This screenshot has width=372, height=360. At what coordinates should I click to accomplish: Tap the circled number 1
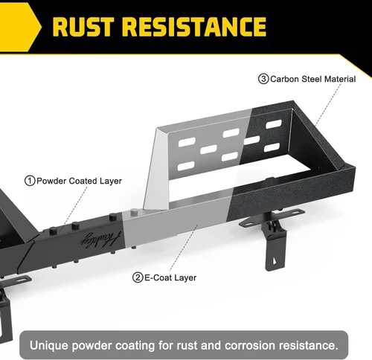(x=30, y=181)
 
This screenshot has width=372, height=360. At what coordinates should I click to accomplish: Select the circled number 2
(x=138, y=277)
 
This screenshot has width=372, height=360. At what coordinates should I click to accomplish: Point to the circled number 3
(x=263, y=79)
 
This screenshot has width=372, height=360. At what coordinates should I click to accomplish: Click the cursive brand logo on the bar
(x=100, y=240)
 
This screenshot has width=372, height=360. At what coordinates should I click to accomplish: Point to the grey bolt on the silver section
(x=134, y=212)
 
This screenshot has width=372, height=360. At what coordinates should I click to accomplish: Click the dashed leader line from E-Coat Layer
(x=184, y=248)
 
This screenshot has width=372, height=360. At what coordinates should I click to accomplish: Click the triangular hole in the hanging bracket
(x=275, y=261)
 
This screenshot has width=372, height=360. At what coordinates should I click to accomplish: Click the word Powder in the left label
(x=51, y=181)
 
